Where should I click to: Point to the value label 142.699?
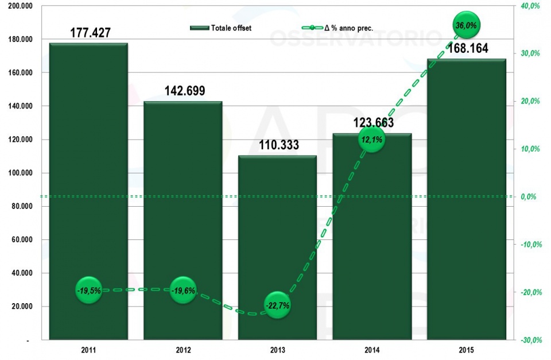click(x=185, y=91)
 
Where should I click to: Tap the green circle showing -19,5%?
click(x=88, y=291)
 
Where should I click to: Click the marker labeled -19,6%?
click(x=183, y=291)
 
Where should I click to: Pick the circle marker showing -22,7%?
click(x=277, y=305)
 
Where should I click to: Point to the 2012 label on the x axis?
click(x=183, y=349)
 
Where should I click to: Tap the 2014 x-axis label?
click(x=372, y=349)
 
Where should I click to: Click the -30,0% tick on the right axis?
click(x=529, y=340)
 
